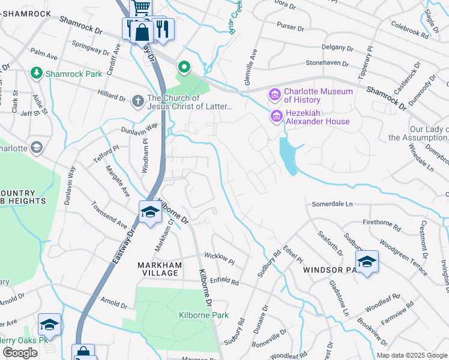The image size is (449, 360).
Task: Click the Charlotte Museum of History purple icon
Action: click(276, 95)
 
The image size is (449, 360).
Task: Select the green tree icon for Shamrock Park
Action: click(37, 73)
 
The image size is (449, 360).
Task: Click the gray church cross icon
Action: click(137, 101)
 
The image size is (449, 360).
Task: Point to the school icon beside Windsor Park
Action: click(367, 262)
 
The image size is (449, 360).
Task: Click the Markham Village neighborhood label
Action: click(158, 268)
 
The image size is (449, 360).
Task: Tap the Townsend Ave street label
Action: click(109, 215)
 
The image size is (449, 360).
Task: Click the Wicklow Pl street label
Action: click(219, 258)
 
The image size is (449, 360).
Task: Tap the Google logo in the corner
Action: click(20, 353)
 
